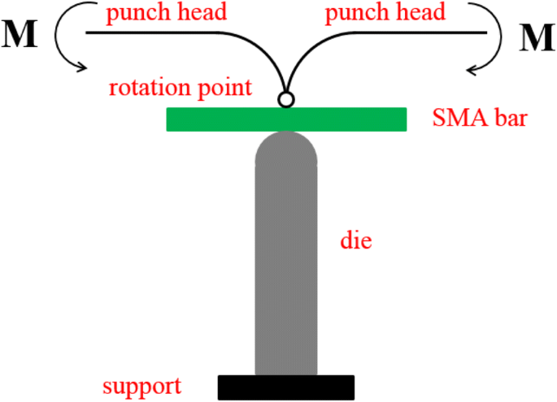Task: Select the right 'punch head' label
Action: pyautogui.click(x=385, y=13)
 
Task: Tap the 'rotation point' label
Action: pyautogui.click(x=181, y=87)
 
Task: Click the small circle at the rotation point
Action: pyautogui.click(x=285, y=99)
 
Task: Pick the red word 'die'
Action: pyautogui.click(x=355, y=241)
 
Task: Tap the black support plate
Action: pyautogui.click(x=286, y=387)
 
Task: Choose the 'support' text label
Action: pyautogui.click(x=142, y=385)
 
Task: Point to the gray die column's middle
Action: pyautogui.click(x=286, y=260)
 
